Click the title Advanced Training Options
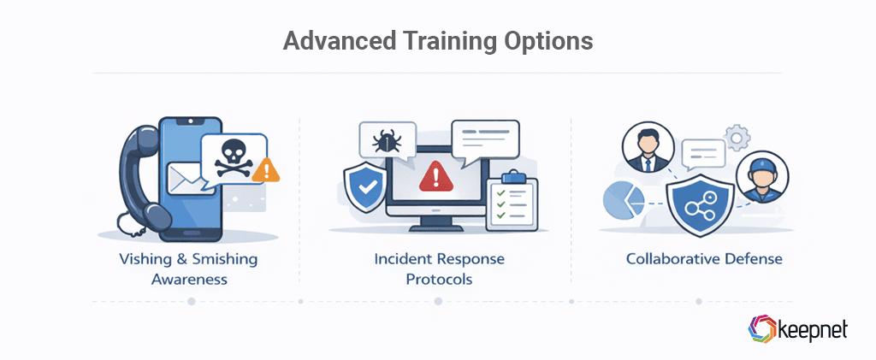pos(437,40)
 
